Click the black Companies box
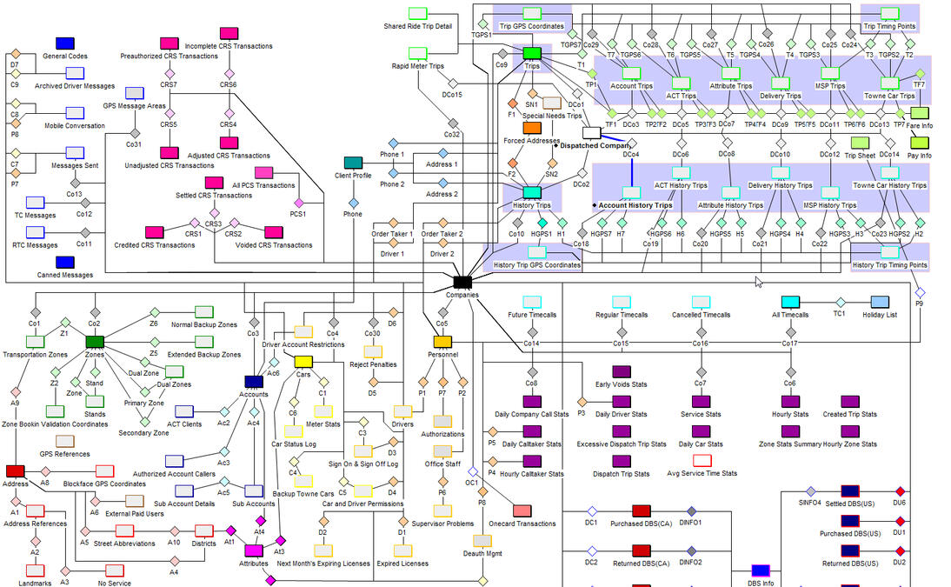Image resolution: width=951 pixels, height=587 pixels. pyautogui.click(x=462, y=282)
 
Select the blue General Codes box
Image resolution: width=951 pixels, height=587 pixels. pyautogui.click(x=64, y=43)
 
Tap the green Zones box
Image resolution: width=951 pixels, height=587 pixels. pyautogui.click(x=95, y=342)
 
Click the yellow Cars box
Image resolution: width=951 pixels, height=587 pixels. pyautogui.click(x=303, y=361)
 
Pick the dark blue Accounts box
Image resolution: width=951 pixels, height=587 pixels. pyautogui.click(x=254, y=381)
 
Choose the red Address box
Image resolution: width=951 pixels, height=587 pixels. pyautogui.click(x=16, y=470)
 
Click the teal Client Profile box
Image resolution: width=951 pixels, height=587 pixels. pyautogui.click(x=353, y=163)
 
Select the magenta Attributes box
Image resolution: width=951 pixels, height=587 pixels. pyautogui.click(x=254, y=550)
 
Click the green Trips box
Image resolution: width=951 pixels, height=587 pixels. pyautogui.click(x=532, y=54)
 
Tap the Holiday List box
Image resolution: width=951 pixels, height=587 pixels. pyautogui.click(x=880, y=302)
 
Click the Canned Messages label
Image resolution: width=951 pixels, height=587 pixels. pyautogui.click(x=66, y=276)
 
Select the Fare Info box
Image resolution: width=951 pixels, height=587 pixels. pyautogui.click(x=919, y=113)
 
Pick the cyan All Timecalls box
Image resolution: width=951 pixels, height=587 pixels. pyautogui.click(x=790, y=302)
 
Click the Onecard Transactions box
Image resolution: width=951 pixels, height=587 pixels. pyautogui.click(x=522, y=510)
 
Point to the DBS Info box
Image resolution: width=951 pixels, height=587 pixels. pyautogui.click(x=761, y=570)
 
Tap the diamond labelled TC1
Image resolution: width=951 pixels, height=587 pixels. pyautogui.click(x=840, y=302)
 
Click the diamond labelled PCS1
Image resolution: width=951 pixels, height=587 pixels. pyautogui.click(x=298, y=203)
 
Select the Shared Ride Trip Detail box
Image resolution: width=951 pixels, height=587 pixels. pyautogui.click(x=418, y=13)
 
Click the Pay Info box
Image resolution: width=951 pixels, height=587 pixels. pyautogui.click(x=919, y=143)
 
